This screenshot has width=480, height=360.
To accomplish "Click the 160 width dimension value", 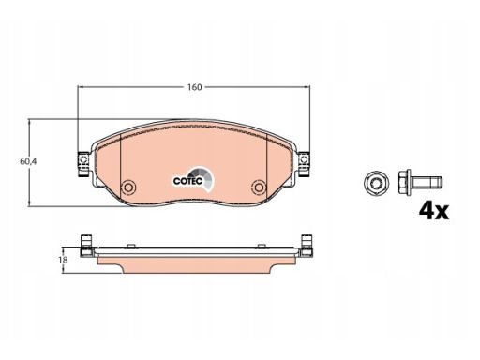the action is click(x=194, y=87).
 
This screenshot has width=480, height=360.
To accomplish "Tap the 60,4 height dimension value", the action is click(x=28, y=161).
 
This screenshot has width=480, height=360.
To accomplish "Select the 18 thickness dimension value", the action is click(x=63, y=260).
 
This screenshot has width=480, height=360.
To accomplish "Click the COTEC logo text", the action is click(x=188, y=181).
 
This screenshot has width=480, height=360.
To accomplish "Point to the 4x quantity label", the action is click(x=434, y=211).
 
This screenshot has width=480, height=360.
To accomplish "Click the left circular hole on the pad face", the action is click(x=128, y=187).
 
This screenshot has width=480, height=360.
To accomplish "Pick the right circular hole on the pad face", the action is click(x=259, y=187).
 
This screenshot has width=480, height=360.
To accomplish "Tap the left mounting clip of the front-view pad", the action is click(x=83, y=164).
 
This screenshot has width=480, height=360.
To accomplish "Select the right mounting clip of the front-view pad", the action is click(x=304, y=164).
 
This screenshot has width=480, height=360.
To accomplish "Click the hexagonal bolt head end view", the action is click(x=377, y=183).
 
